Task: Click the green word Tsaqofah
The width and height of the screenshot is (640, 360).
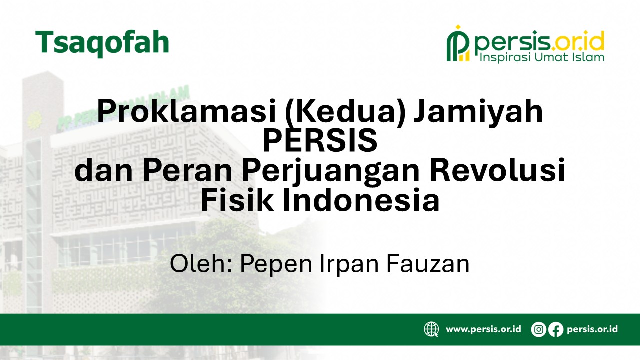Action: [x=102, y=43]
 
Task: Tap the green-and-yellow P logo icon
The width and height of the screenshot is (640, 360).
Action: [x=458, y=43]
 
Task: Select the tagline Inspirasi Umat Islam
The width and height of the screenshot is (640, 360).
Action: [x=542, y=57]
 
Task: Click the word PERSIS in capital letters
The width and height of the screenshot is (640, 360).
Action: [x=320, y=141]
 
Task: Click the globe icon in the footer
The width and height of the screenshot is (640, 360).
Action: [x=431, y=329]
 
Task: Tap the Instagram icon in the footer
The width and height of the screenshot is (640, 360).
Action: [x=539, y=329]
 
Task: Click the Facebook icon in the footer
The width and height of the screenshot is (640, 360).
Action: [x=556, y=329]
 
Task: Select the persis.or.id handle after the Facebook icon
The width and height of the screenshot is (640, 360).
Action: [x=592, y=329]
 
